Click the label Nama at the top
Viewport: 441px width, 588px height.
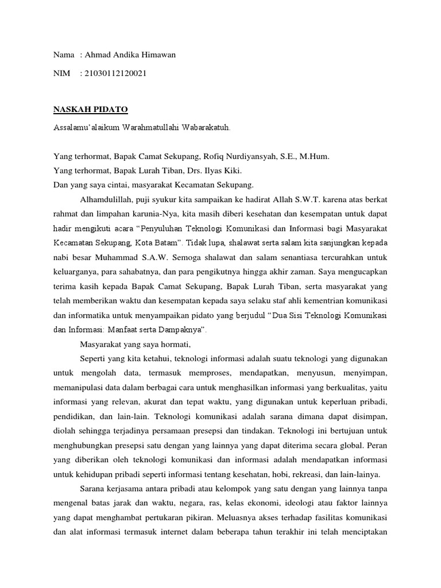click(x=64, y=55)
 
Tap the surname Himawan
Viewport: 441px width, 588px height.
click(x=156, y=55)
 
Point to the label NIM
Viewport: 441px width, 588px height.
click(x=61, y=73)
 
